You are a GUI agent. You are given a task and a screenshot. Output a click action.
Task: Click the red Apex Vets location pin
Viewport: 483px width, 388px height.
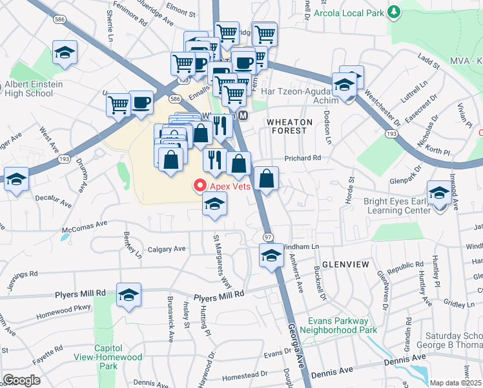(199, 186)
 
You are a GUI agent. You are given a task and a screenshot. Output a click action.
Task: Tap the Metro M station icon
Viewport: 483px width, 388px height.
(243, 115)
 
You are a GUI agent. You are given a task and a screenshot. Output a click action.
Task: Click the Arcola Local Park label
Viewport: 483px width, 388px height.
(349, 12)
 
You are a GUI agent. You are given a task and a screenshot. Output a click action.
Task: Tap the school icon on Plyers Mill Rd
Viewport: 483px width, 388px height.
(129, 295)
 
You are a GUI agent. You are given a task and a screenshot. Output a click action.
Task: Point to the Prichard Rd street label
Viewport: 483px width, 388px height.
(303, 158)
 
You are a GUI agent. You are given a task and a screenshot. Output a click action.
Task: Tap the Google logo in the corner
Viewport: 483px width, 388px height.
(22, 380)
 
